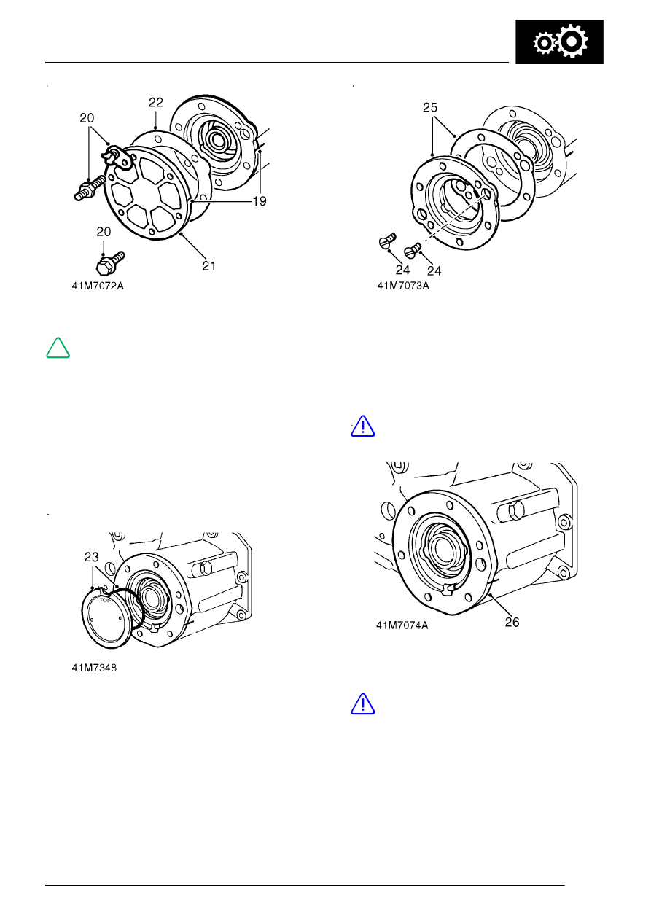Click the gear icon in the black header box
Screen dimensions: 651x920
coord(560,42)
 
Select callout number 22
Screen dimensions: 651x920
coord(156,102)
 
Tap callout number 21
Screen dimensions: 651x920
coord(209,266)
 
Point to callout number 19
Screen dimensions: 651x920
coord(260,201)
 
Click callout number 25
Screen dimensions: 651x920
coord(430,108)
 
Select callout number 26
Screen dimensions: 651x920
coord(512,623)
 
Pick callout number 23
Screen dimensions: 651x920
coord(92,557)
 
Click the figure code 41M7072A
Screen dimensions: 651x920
coord(98,286)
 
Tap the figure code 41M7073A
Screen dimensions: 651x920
coord(403,286)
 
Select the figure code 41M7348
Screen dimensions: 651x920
coord(94,668)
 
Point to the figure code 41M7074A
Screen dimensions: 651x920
coord(402,625)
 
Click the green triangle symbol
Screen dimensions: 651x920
coord(58,348)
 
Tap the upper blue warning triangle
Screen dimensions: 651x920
coord(363,426)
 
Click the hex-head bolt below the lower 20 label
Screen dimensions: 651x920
coord(110,263)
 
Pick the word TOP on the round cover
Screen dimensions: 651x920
coord(105,601)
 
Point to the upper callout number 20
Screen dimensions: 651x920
coord(87,118)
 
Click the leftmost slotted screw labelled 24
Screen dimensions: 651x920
coord(387,241)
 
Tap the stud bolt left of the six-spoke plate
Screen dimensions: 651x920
coord(90,187)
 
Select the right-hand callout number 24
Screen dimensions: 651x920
coord(434,271)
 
